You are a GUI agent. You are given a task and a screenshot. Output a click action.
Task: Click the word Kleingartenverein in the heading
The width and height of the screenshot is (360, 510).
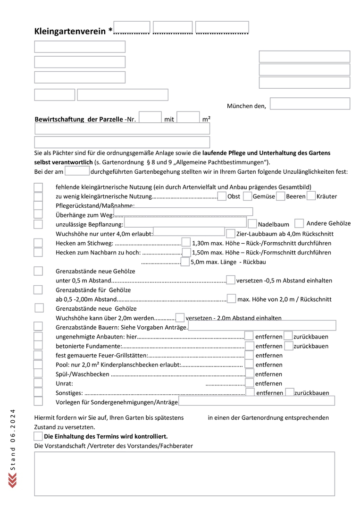tap(70, 32)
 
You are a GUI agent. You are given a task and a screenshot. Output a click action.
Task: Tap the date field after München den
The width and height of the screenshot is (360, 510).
tap(310, 104)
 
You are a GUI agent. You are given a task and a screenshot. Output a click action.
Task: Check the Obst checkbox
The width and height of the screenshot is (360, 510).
tap(222, 196)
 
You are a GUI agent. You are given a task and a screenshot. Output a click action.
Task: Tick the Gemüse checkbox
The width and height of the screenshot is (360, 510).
tap(247, 196)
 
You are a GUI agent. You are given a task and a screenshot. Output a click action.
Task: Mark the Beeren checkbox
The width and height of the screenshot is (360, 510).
tap(281, 196)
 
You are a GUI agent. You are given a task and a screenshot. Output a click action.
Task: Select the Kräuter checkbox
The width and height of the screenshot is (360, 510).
tap(311, 196)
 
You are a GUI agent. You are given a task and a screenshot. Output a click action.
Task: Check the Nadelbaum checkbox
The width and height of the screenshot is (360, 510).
tap(252, 224)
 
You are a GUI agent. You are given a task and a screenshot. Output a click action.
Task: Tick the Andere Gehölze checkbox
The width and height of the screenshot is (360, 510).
tap(299, 223)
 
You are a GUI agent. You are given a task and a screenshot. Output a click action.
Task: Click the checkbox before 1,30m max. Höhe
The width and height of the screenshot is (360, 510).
tap(186, 242)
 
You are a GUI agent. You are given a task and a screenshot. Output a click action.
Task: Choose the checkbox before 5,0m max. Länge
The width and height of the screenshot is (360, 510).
tap(185, 262)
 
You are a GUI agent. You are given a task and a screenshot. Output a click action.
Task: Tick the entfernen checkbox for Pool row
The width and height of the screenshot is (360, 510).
tap(249, 365)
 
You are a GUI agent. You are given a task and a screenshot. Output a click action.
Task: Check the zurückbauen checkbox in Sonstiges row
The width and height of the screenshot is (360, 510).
tap(290, 392)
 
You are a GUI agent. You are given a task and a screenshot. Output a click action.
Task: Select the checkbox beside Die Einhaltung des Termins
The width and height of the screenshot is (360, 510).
tap(38, 436)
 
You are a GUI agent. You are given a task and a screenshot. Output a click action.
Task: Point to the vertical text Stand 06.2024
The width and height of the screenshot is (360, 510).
tap(13, 439)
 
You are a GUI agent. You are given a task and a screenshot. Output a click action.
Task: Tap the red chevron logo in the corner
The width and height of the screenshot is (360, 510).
tap(12, 480)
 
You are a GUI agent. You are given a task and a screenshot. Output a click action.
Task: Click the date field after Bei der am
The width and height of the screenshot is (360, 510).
tap(77, 171)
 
